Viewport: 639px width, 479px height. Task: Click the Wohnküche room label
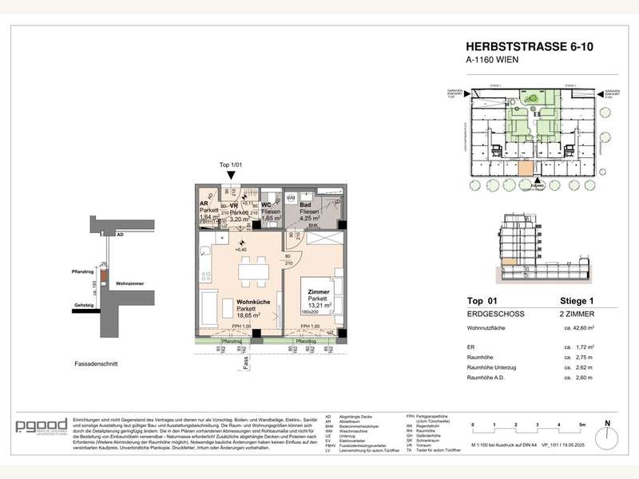(228, 301)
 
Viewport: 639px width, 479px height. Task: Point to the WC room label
(268, 205)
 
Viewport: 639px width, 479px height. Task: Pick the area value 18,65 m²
(228, 316)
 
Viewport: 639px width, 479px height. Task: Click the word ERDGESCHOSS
(492, 315)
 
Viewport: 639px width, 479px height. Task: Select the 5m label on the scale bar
(582, 425)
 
